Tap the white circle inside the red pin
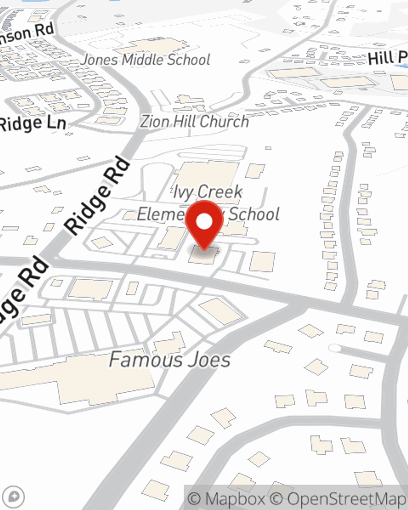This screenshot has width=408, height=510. click(x=204, y=222)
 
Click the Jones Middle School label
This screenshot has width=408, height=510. click(x=146, y=60)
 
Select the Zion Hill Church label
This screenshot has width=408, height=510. click(x=195, y=121)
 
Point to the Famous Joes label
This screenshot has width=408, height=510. click(x=170, y=360)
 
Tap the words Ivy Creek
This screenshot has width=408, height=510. click(x=208, y=192)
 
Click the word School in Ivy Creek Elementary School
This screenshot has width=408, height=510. click(x=254, y=214)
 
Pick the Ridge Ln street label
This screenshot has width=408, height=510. click(x=33, y=124)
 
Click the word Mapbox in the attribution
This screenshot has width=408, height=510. click(x=235, y=499)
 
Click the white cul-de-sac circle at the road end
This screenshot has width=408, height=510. click(x=335, y=348)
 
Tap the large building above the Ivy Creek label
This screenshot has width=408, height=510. click(x=208, y=173)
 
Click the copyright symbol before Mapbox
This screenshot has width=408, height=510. click(x=195, y=499)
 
